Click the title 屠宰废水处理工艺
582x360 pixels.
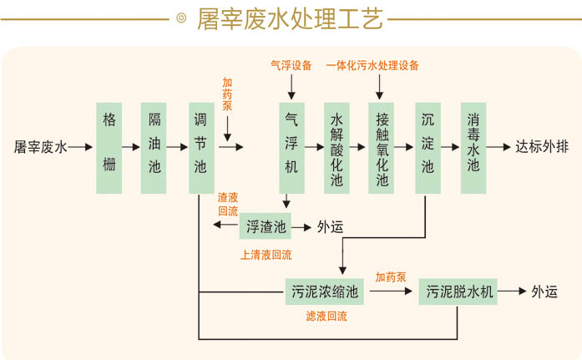(290, 19)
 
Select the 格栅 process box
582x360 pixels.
(109, 147)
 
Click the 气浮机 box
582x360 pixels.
(291, 147)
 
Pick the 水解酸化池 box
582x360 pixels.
(337, 147)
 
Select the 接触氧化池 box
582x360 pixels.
(382, 147)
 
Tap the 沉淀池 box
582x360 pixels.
(428, 147)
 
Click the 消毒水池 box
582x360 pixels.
(473, 147)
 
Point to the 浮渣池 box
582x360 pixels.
(266, 226)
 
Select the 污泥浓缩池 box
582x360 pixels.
(325, 292)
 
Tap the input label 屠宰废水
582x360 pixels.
(40, 147)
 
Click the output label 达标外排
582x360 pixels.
(542, 147)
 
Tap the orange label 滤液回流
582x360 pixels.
(326, 317)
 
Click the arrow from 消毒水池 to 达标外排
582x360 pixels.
(498, 147)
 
